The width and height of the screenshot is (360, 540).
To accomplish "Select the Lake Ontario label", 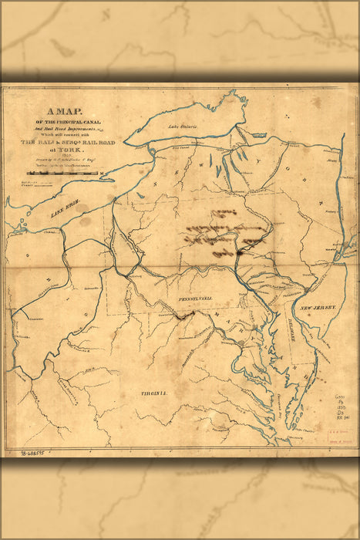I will (x=184, y=125).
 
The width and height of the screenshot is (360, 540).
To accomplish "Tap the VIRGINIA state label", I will (x=153, y=393).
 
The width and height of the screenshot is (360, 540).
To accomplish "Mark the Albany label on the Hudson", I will (x=331, y=161).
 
